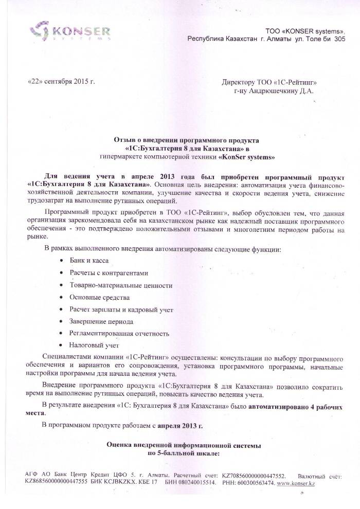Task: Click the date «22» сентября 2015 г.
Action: click(x=61, y=82)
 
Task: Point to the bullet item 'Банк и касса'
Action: click(x=89, y=261)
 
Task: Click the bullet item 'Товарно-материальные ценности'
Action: click(x=121, y=285)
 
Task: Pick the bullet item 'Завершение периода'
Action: click(x=101, y=322)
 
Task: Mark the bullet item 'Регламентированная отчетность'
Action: click(x=119, y=334)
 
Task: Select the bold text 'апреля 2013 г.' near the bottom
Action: click(x=178, y=425)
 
